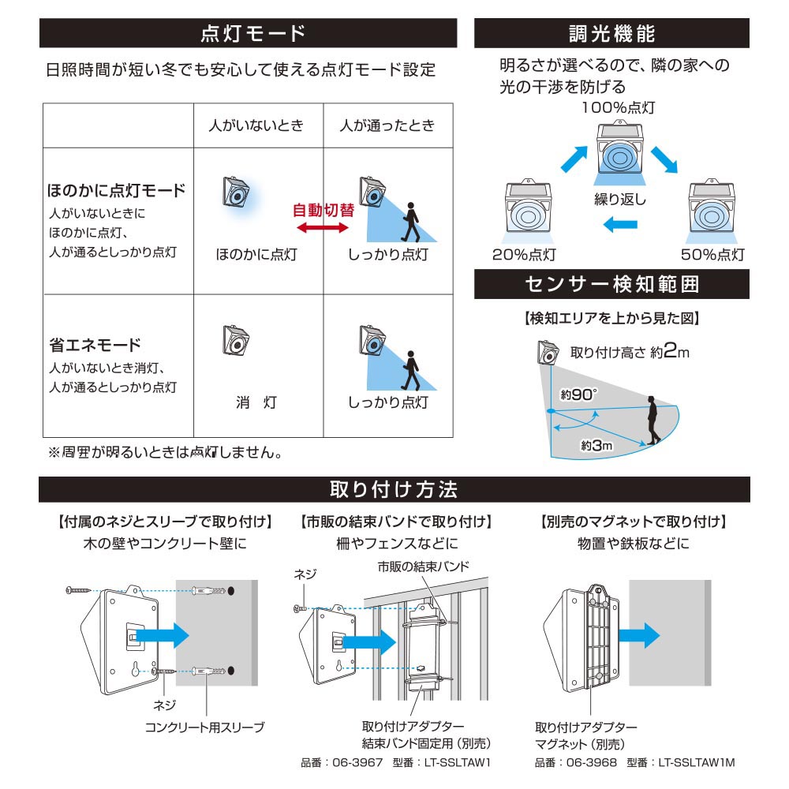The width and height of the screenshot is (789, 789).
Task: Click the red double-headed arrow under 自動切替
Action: pyautogui.click(x=323, y=228)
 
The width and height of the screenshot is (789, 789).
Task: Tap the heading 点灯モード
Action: pyautogui.click(x=253, y=33)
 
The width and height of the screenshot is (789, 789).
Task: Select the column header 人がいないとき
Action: pyautogui.click(x=256, y=125)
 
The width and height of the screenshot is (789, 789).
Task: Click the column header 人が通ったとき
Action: pyautogui.click(x=387, y=125)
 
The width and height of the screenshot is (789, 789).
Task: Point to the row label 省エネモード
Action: pyautogui.click(x=95, y=346)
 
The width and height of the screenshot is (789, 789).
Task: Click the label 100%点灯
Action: pyautogui.click(x=618, y=107)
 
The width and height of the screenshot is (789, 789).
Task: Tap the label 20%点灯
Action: pyautogui.click(x=524, y=255)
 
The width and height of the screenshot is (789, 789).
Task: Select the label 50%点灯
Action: pyautogui.click(x=712, y=255)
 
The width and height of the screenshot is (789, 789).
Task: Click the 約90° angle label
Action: pyautogui.click(x=578, y=394)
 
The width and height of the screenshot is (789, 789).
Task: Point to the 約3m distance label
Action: pyautogui.click(x=596, y=445)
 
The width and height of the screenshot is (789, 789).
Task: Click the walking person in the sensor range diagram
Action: pyautogui.click(x=653, y=421)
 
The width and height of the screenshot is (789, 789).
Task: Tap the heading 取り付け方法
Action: pyautogui.click(x=394, y=490)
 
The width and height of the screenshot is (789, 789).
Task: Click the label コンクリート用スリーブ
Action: pyautogui.click(x=205, y=727)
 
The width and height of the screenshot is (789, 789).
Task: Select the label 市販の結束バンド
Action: pyautogui.click(x=423, y=567)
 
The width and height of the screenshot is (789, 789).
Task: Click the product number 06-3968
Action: pyautogui.click(x=592, y=763)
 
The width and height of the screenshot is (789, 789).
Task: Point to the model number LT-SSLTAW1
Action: pyautogui.click(x=458, y=763)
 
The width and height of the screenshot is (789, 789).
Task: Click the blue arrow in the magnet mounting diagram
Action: pyautogui.click(x=639, y=635)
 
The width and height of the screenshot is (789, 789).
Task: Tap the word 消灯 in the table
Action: pyautogui.click(x=256, y=402)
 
